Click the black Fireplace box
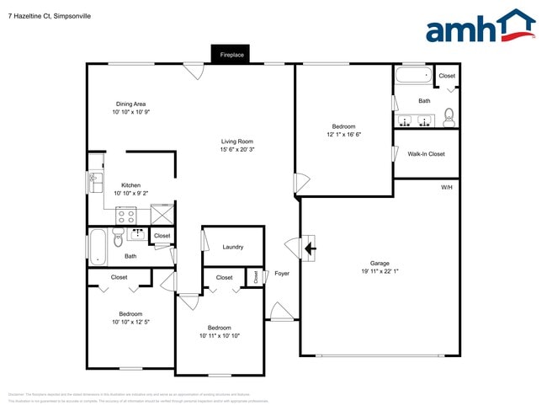tap(231, 55)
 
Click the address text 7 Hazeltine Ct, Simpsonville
tap(50, 16)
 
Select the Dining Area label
tap(130, 104)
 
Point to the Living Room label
tap(237, 141)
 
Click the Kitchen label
tap(130, 185)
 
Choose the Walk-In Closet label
tap(426, 154)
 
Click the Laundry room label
tap(233, 247)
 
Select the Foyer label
tap(282, 273)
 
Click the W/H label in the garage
tap(446, 186)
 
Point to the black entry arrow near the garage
tap(309, 248)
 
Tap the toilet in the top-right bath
tap(449, 116)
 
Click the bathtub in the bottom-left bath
tap(98, 247)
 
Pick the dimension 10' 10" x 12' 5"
tap(130, 322)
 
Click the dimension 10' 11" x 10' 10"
tap(220, 335)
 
